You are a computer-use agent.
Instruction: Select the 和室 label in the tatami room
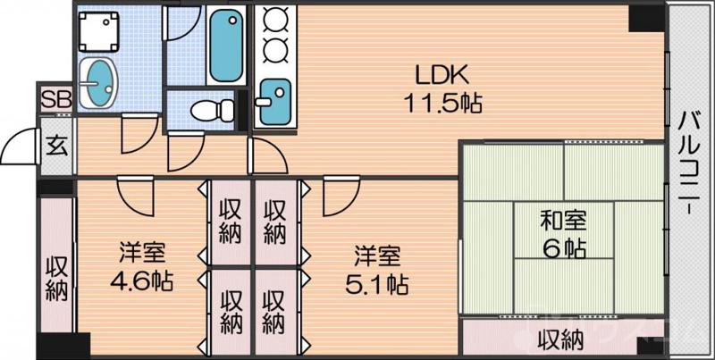coord(563,219)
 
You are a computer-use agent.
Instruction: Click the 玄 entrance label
coord(55,143)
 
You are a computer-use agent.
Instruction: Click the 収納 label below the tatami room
coord(560,339)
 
